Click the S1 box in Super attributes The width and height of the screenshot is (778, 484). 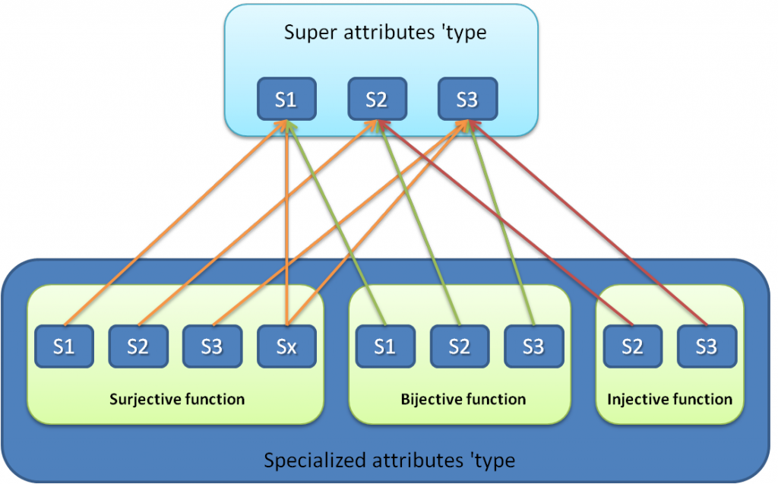click(x=286, y=100)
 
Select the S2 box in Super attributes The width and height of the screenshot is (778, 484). click(x=377, y=100)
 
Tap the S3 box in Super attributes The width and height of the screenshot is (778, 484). click(x=467, y=100)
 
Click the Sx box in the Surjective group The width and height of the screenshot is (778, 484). click(x=286, y=346)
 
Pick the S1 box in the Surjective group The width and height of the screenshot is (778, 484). click(x=64, y=346)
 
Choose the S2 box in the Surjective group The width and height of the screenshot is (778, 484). click(x=138, y=346)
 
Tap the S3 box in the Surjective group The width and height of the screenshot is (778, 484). click(x=212, y=346)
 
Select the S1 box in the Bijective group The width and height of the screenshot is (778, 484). click(x=385, y=346)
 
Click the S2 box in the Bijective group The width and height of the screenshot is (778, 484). click(x=459, y=346)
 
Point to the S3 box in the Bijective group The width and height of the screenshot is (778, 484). click(x=533, y=346)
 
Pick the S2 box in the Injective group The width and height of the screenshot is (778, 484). click(x=632, y=346)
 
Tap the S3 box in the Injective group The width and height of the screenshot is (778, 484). click(x=707, y=346)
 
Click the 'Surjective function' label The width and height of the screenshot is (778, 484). click(x=177, y=399)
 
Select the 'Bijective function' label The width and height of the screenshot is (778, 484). click(x=463, y=399)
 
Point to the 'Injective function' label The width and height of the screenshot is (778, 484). click(x=670, y=399)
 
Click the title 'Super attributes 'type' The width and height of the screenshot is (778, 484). click(x=384, y=33)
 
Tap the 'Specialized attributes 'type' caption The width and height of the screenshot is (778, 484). click(x=389, y=460)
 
